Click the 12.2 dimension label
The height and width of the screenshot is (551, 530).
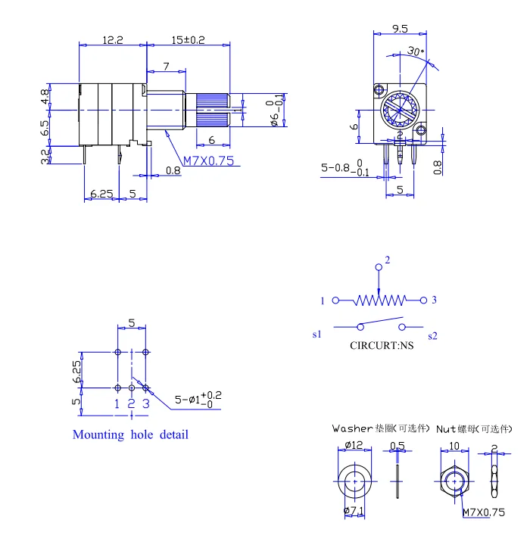(x=113, y=40)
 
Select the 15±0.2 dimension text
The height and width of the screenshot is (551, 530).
(x=188, y=40)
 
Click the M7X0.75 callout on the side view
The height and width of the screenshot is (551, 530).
(x=209, y=160)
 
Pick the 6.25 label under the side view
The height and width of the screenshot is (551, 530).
(x=101, y=194)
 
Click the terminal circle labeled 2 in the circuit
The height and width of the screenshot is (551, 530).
(x=379, y=268)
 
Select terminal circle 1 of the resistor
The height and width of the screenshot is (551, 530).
(x=335, y=300)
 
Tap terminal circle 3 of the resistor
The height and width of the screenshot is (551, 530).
(x=422, y=300)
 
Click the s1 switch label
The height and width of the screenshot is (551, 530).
(x=316, y=334)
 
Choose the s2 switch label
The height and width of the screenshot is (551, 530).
(x=432, y=335)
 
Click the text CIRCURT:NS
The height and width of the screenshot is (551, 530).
(x=382, y=346)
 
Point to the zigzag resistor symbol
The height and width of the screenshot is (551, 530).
(x=379, y=300)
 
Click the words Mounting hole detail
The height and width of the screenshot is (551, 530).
(x=130, y=434)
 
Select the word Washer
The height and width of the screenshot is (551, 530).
(x=352, y=428)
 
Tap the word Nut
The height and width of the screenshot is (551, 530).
(x=446, y=428)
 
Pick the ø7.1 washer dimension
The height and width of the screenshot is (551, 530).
(x=354, y=512)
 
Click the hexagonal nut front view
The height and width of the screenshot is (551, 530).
(x=454, y=481)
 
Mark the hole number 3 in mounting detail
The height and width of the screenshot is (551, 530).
(x=146, y=403)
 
